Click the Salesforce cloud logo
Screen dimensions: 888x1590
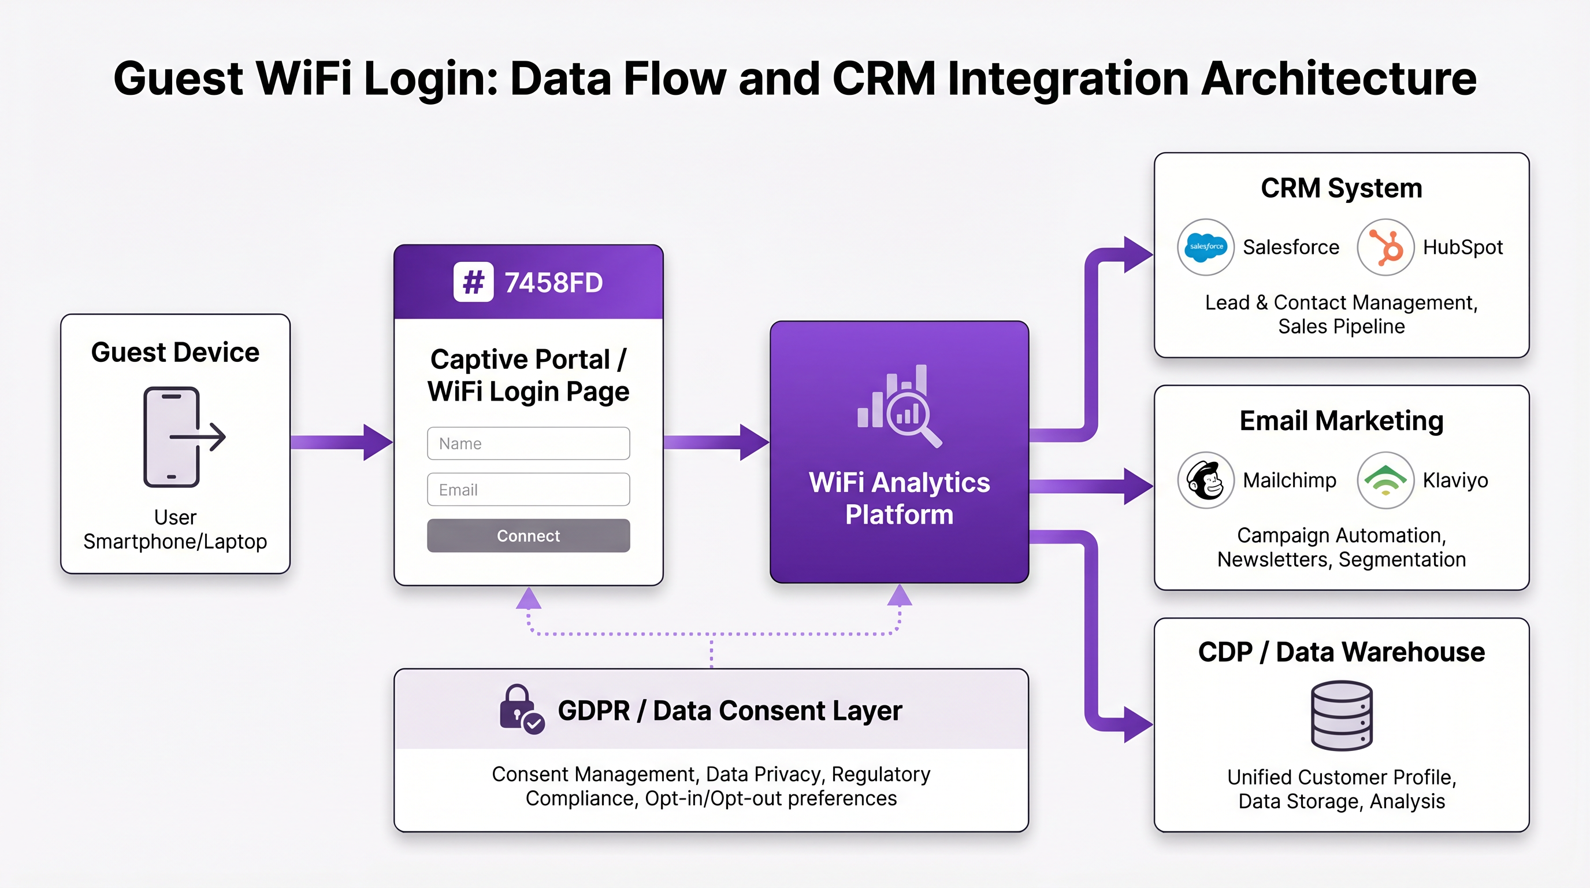(x=1205, y=247)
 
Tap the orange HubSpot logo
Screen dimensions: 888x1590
(x=1385, y=247)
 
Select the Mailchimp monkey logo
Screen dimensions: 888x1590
(x=1205, y=480)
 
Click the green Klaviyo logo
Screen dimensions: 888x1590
(x=1385, y=480)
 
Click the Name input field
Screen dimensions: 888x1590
(x=528, y=443)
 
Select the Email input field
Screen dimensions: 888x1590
(x=528, y=490)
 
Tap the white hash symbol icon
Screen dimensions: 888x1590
(x=473, y=282)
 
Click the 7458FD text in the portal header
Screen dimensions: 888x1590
(x=553, y=283)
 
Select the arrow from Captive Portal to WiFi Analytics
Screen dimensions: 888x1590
(x=716, y=442)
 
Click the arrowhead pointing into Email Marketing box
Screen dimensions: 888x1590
(x=1138, y=487)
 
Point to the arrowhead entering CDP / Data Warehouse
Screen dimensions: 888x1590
(x=1138, y=724)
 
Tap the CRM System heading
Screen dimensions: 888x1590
(x=1341, y=188)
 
